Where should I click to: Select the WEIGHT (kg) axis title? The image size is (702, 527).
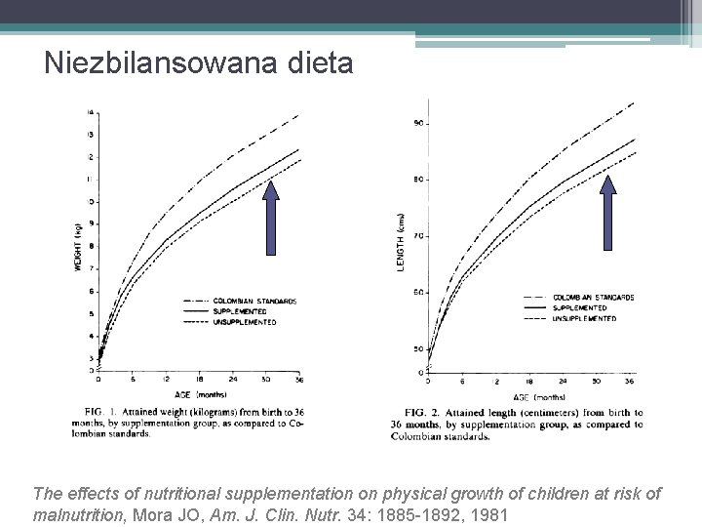78,247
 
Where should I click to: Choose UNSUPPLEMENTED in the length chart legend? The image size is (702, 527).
585,318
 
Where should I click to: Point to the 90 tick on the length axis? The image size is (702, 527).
417,123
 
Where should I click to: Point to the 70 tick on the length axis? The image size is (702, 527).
417,236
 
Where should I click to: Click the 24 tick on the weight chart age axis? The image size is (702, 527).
232,379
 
